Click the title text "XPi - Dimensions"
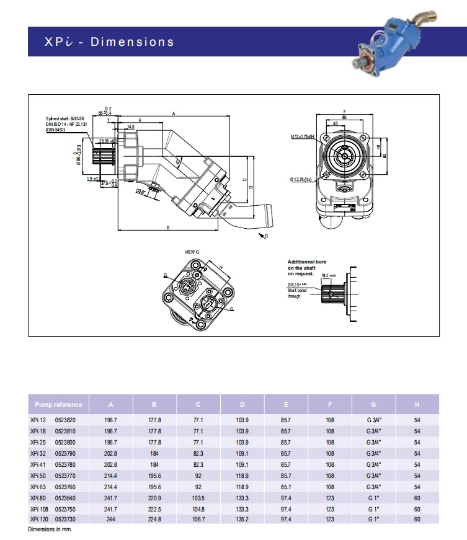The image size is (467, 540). click(x=109, y=42)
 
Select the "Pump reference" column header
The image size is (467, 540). click(x=59, y=404)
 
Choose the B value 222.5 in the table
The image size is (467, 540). click(x=154, y=508)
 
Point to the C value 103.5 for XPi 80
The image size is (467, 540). click(x=198, y=498)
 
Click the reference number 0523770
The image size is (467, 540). click(x=66, y=475)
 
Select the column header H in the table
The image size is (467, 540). click(x=417, y=404)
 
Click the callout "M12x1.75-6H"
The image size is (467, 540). click(x=303, y=136)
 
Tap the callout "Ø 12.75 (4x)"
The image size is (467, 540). click(x=303, y=179)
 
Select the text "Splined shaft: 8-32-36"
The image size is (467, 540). click(x=65, y=118)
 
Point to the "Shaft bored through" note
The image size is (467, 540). click(x=294, y=293)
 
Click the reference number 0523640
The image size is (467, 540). click(x=66, y=498)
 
